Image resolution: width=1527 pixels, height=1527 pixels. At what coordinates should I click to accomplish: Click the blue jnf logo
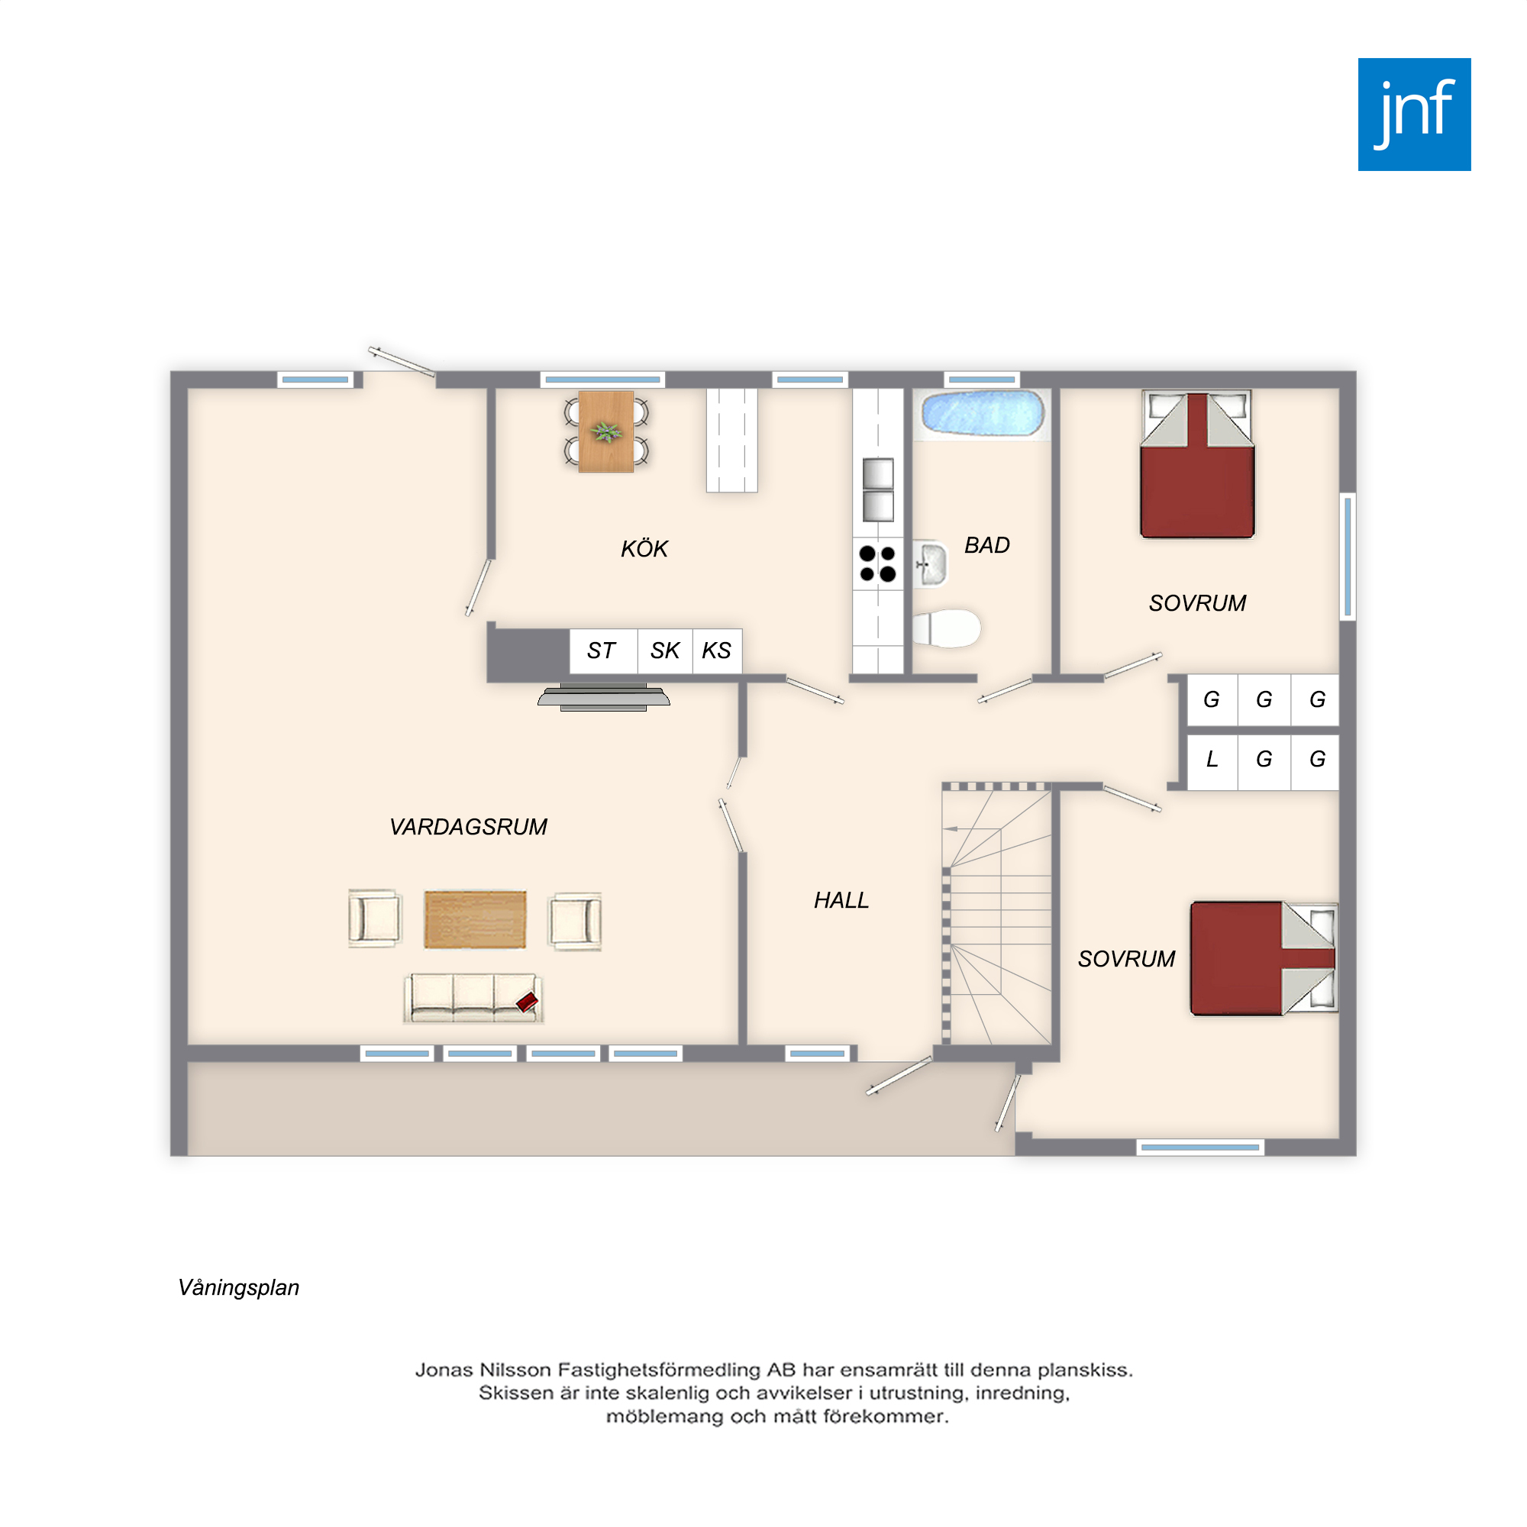click(x=1414, y=115)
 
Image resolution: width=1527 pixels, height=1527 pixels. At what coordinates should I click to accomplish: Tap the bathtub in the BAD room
click(x=983, y=413)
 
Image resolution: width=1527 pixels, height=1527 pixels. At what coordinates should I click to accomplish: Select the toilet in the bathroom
click(x=946, y=629)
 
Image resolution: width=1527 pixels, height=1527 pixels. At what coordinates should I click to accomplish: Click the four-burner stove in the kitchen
click(x=877, y=563)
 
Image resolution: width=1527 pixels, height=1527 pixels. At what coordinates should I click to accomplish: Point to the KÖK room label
click(x=644, y=548)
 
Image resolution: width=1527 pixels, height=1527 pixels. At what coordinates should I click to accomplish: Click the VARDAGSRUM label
click(x=468, y=827)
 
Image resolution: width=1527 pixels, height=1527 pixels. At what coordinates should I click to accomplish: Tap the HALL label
click(x=841, y=900)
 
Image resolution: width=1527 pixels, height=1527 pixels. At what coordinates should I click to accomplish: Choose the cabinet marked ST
click(x=603, y=651)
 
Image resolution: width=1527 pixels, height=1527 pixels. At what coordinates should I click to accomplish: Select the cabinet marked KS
click(x=717, y=651)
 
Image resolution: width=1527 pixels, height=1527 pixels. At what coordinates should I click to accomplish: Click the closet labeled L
click(x=1212, y=760)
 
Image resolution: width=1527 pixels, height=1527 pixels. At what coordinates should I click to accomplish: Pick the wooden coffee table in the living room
click(x=475, y=919)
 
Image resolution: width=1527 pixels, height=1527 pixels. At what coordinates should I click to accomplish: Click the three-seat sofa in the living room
click(x=473, y=998)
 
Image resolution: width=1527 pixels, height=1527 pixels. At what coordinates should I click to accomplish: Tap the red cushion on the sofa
click(x=527, y=1002)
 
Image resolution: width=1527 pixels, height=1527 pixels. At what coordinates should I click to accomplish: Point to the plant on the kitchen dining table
click(x=606, y=431)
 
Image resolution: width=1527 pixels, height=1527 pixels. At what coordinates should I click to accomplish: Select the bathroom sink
click(x=930, y=564)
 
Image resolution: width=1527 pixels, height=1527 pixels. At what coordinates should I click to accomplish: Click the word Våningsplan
click(x=239, y=1287)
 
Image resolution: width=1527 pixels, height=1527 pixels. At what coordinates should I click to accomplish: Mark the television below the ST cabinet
click(x=604, y=696)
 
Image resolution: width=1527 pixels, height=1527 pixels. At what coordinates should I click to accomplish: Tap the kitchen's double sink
click(x=878, y=490)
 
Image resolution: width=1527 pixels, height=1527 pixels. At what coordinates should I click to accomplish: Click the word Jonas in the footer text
click(x=444, y=1370)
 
